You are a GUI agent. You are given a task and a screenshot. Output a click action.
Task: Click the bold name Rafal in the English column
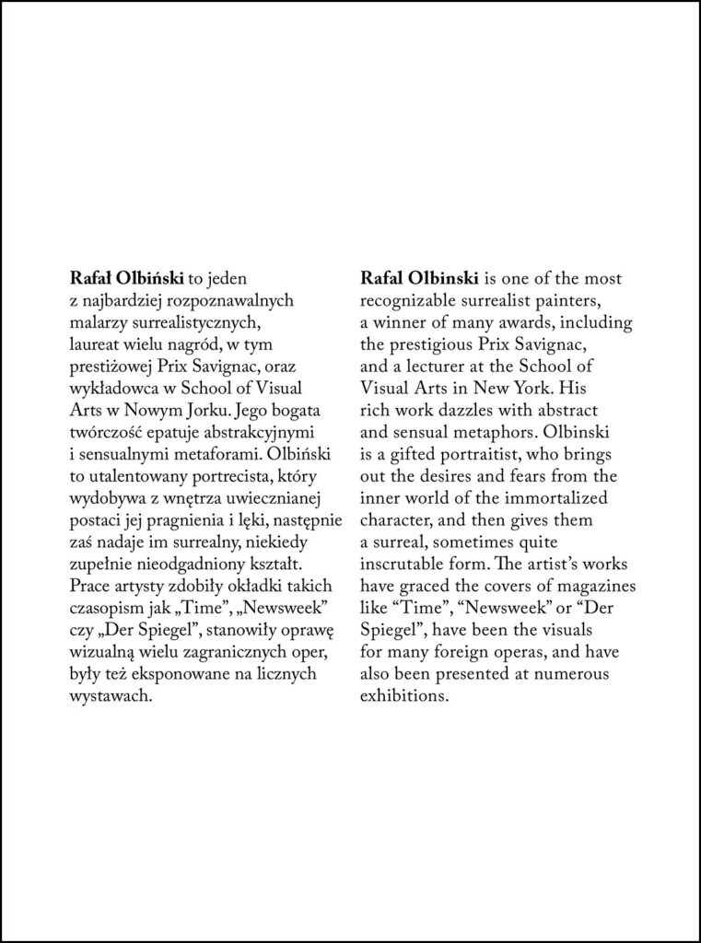pos(379,277)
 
